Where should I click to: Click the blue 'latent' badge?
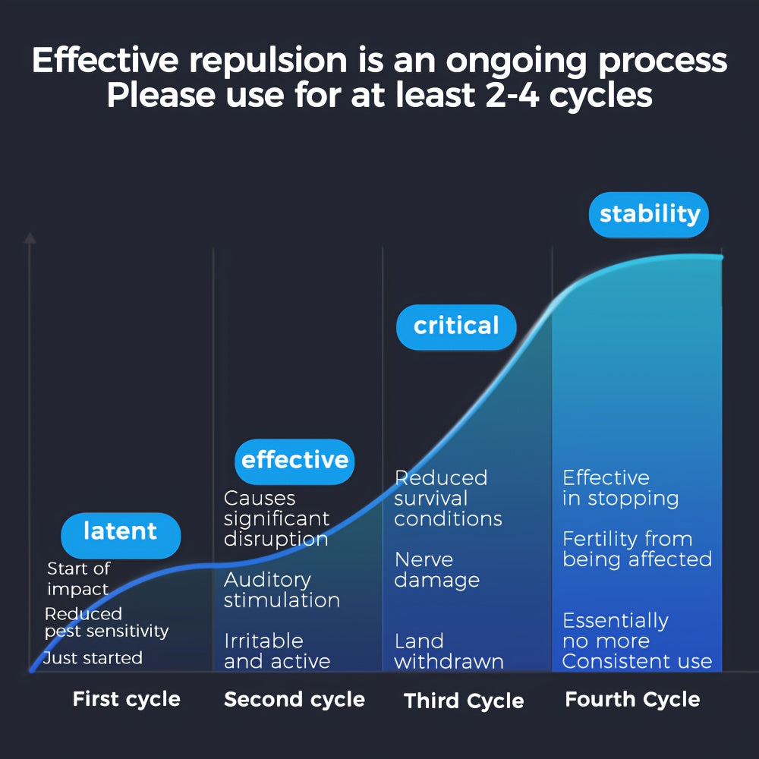pyautogui.click(x=121, y=532)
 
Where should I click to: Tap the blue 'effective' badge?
pyautogui.click(x=294, y=460)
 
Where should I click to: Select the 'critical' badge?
pyautogui.click(x=456, y=326)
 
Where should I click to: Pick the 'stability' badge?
pyautogui.click(x=649, y=214)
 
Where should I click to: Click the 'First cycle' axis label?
pyautogui.click(x=126, y=699)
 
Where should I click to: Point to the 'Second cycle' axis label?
pyautogui.click(x=294, y=699)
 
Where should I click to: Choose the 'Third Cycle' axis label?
pyautogui.click(x=464, y=701)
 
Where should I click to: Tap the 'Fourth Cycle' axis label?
pyautogui.click(x=632, y=699)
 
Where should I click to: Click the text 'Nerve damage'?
pyautogui.click(x=437, y=570)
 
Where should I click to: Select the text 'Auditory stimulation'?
pyautogui.click(x=282, y=590)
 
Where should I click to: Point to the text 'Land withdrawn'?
pyautogui.click(x=449, y=651)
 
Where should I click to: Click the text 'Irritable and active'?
pyautogui.click(x=277, y=651)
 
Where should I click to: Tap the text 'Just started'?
pyautogui.click(x=93, y=658)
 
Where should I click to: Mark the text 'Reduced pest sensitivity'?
pyautogui.click(x=106, y=622)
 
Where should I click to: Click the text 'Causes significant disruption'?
pyautogui.click(x=276, y=518)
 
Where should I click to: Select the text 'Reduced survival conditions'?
pyautogui.click(x=448, y=498)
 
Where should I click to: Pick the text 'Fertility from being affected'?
pyautogui.click(x=637, y=549)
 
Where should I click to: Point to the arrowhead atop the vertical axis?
pyautogui.click(x=30, y=238)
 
